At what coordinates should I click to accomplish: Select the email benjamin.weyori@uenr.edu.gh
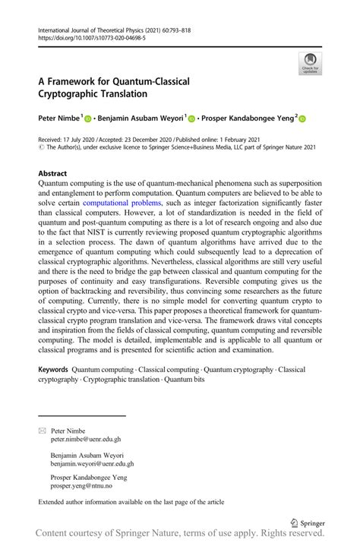click(x=92, y=463)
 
